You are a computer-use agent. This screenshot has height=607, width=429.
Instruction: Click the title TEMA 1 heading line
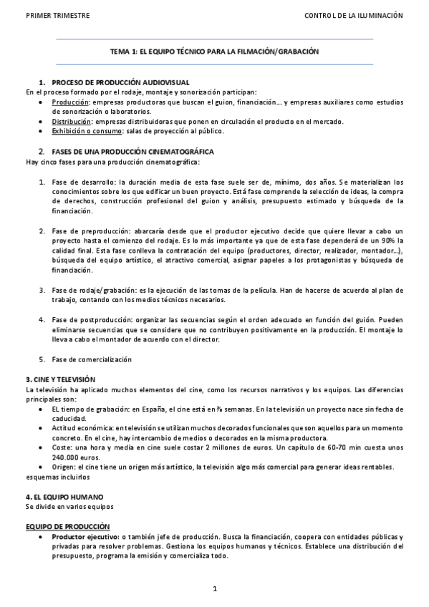pos(214,52)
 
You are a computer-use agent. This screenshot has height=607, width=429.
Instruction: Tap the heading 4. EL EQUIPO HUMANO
pos(64,496)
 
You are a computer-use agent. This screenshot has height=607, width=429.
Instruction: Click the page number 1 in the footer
pos(214,588)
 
